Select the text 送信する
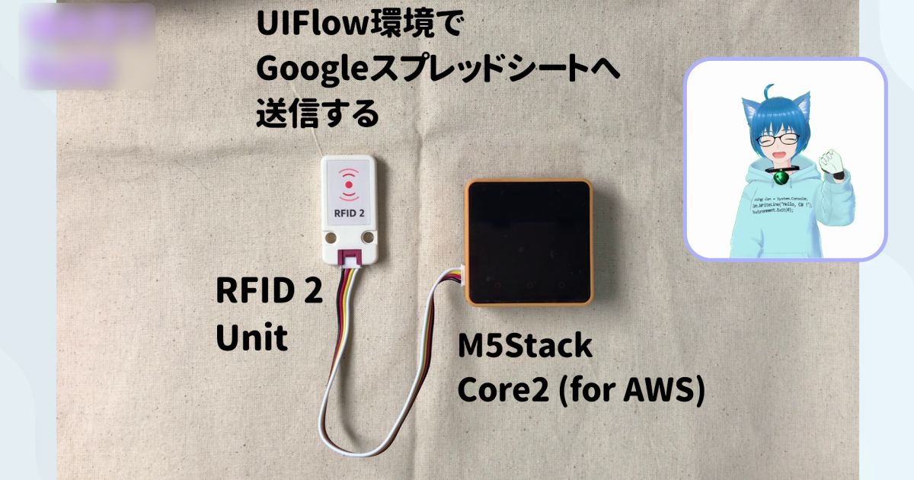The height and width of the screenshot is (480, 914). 317,114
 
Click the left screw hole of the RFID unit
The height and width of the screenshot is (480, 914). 331,238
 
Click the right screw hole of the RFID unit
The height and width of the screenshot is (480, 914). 368,238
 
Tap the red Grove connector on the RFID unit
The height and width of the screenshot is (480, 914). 350,258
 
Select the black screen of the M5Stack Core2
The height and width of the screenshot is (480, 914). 528,240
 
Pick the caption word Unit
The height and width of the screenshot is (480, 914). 251,338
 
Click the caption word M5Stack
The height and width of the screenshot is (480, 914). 524,347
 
